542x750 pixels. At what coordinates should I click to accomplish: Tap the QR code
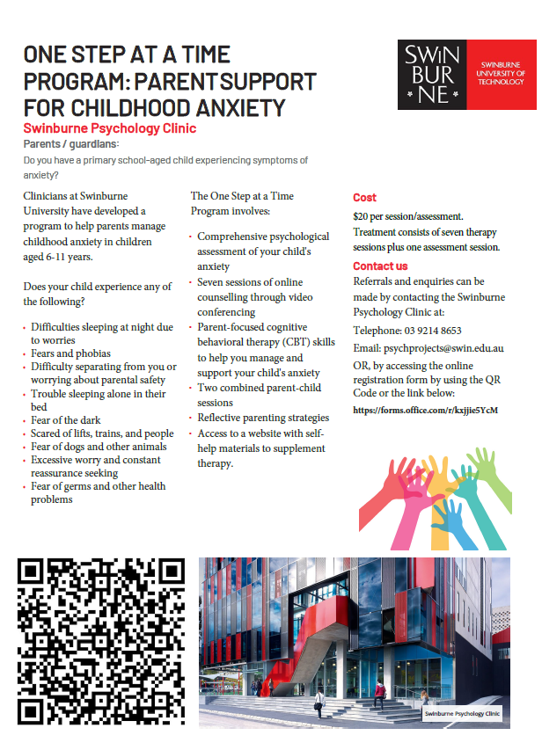101,641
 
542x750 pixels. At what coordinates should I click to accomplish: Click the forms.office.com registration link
425,410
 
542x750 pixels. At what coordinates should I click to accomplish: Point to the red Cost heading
364,198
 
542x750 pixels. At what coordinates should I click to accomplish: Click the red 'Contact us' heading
380,266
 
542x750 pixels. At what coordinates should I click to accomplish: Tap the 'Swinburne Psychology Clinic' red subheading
110,128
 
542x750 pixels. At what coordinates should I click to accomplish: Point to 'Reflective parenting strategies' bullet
262,418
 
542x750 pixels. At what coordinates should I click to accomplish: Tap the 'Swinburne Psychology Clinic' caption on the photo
462,714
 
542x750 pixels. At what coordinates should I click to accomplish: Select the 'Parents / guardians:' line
71,144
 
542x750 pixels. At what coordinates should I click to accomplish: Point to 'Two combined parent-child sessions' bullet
259,394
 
